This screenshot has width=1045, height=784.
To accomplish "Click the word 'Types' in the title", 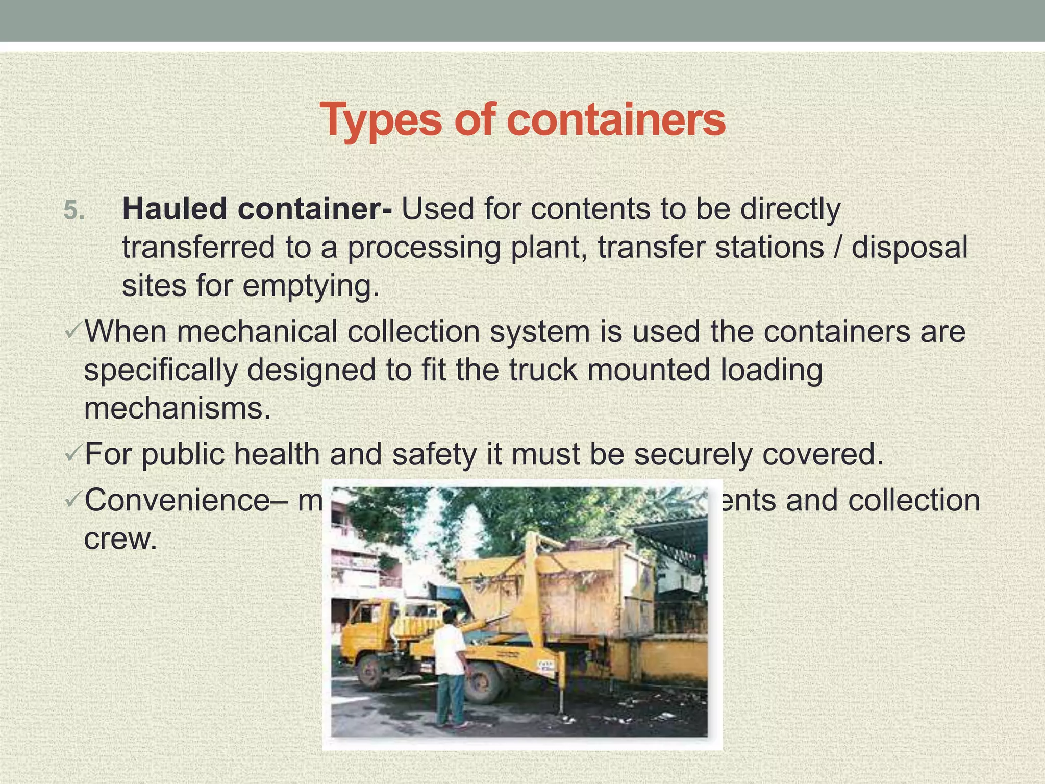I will click(x=380, y=120).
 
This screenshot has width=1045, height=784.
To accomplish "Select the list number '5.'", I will click(x=74, y=210).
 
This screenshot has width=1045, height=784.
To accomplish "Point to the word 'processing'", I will click(x=424, y=248).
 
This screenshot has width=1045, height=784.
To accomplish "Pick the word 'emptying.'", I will click(x=311, y=286).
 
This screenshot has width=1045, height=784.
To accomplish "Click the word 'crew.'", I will click(x=120, y=539).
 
